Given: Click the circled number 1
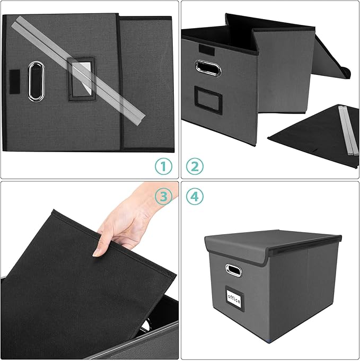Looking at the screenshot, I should click(164, 166).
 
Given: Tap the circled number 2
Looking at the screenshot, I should click(195, 166).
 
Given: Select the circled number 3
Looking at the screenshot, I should click(164, 197).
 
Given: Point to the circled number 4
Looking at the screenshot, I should click(195, 197).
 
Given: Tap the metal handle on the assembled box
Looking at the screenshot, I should click(233, 270).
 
